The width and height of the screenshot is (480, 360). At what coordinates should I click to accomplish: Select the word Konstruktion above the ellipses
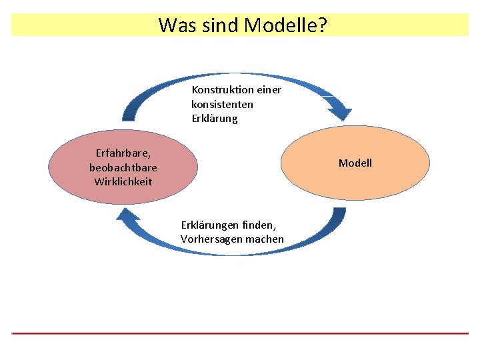pos(222,89)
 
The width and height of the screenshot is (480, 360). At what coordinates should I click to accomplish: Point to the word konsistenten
pos(222,104)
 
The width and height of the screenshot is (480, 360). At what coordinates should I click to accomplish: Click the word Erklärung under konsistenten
pos(214,119)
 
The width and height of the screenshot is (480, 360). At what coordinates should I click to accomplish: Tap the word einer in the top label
pos(268,89)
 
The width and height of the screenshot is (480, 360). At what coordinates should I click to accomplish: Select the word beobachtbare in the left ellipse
pos(123,167)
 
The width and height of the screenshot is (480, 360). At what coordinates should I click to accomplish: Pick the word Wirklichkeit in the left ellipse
pos(123,181)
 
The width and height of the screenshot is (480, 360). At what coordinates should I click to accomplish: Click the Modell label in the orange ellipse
pos(355,163)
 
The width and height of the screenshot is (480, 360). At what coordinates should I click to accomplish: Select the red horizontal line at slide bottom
pos(240,333)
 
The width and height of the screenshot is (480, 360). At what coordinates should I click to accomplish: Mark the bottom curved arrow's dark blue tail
pos(338,217)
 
